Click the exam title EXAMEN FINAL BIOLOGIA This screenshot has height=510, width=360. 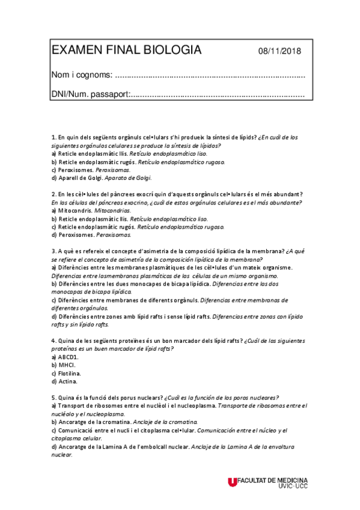[x=126, y=51]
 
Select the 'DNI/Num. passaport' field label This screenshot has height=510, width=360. [x=90, y=94]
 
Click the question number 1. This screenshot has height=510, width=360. [x=53, y=137]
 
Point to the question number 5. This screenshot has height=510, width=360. [x=53, y=398]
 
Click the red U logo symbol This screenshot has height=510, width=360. [x=233, y=482]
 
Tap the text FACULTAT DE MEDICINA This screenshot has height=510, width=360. [x=273, y=480]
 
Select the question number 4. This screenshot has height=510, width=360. [x=53, y=340]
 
